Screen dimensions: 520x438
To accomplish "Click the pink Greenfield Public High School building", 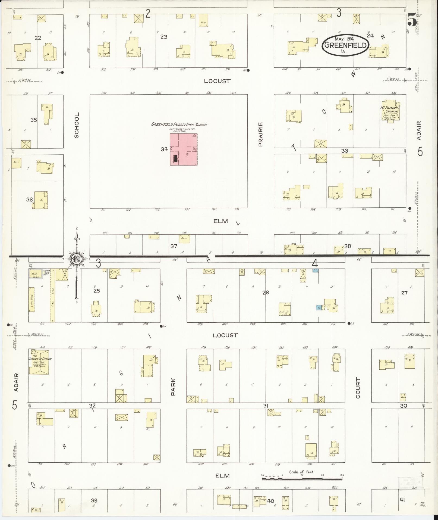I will (184, 149).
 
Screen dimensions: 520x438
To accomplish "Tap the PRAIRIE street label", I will (261, 135).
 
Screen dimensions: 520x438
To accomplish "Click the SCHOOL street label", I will (77, 125).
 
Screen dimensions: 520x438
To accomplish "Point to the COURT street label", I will (358, 388).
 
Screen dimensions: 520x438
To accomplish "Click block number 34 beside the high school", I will (164, 149).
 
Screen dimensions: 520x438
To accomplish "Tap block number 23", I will (163, 36).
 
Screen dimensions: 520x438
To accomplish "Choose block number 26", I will (265, 292).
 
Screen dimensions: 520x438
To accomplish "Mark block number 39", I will (94, 501).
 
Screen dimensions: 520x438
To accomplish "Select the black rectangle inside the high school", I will (176, 158).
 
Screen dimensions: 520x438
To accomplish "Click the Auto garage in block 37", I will (184, 238).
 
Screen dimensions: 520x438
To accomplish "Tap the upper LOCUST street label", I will (217, 81).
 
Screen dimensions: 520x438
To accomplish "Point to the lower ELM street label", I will (222, 475).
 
